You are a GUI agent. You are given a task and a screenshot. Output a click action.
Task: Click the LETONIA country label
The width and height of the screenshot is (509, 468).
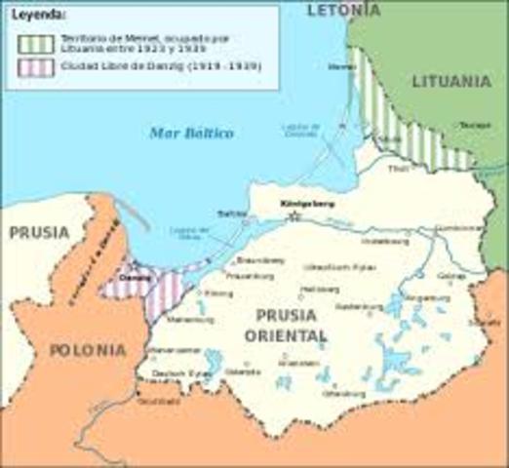click(x=342, y=11)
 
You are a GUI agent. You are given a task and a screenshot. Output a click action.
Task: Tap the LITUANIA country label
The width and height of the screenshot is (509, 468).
click(x=450, y=82)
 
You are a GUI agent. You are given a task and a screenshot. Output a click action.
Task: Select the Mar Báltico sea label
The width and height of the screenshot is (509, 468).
click(x=191, y=133)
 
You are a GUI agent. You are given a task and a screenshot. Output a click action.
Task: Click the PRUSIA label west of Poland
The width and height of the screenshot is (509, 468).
click(x=39, y=233)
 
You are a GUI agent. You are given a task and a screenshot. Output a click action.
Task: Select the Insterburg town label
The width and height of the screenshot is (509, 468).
click(x=379, y=241)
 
